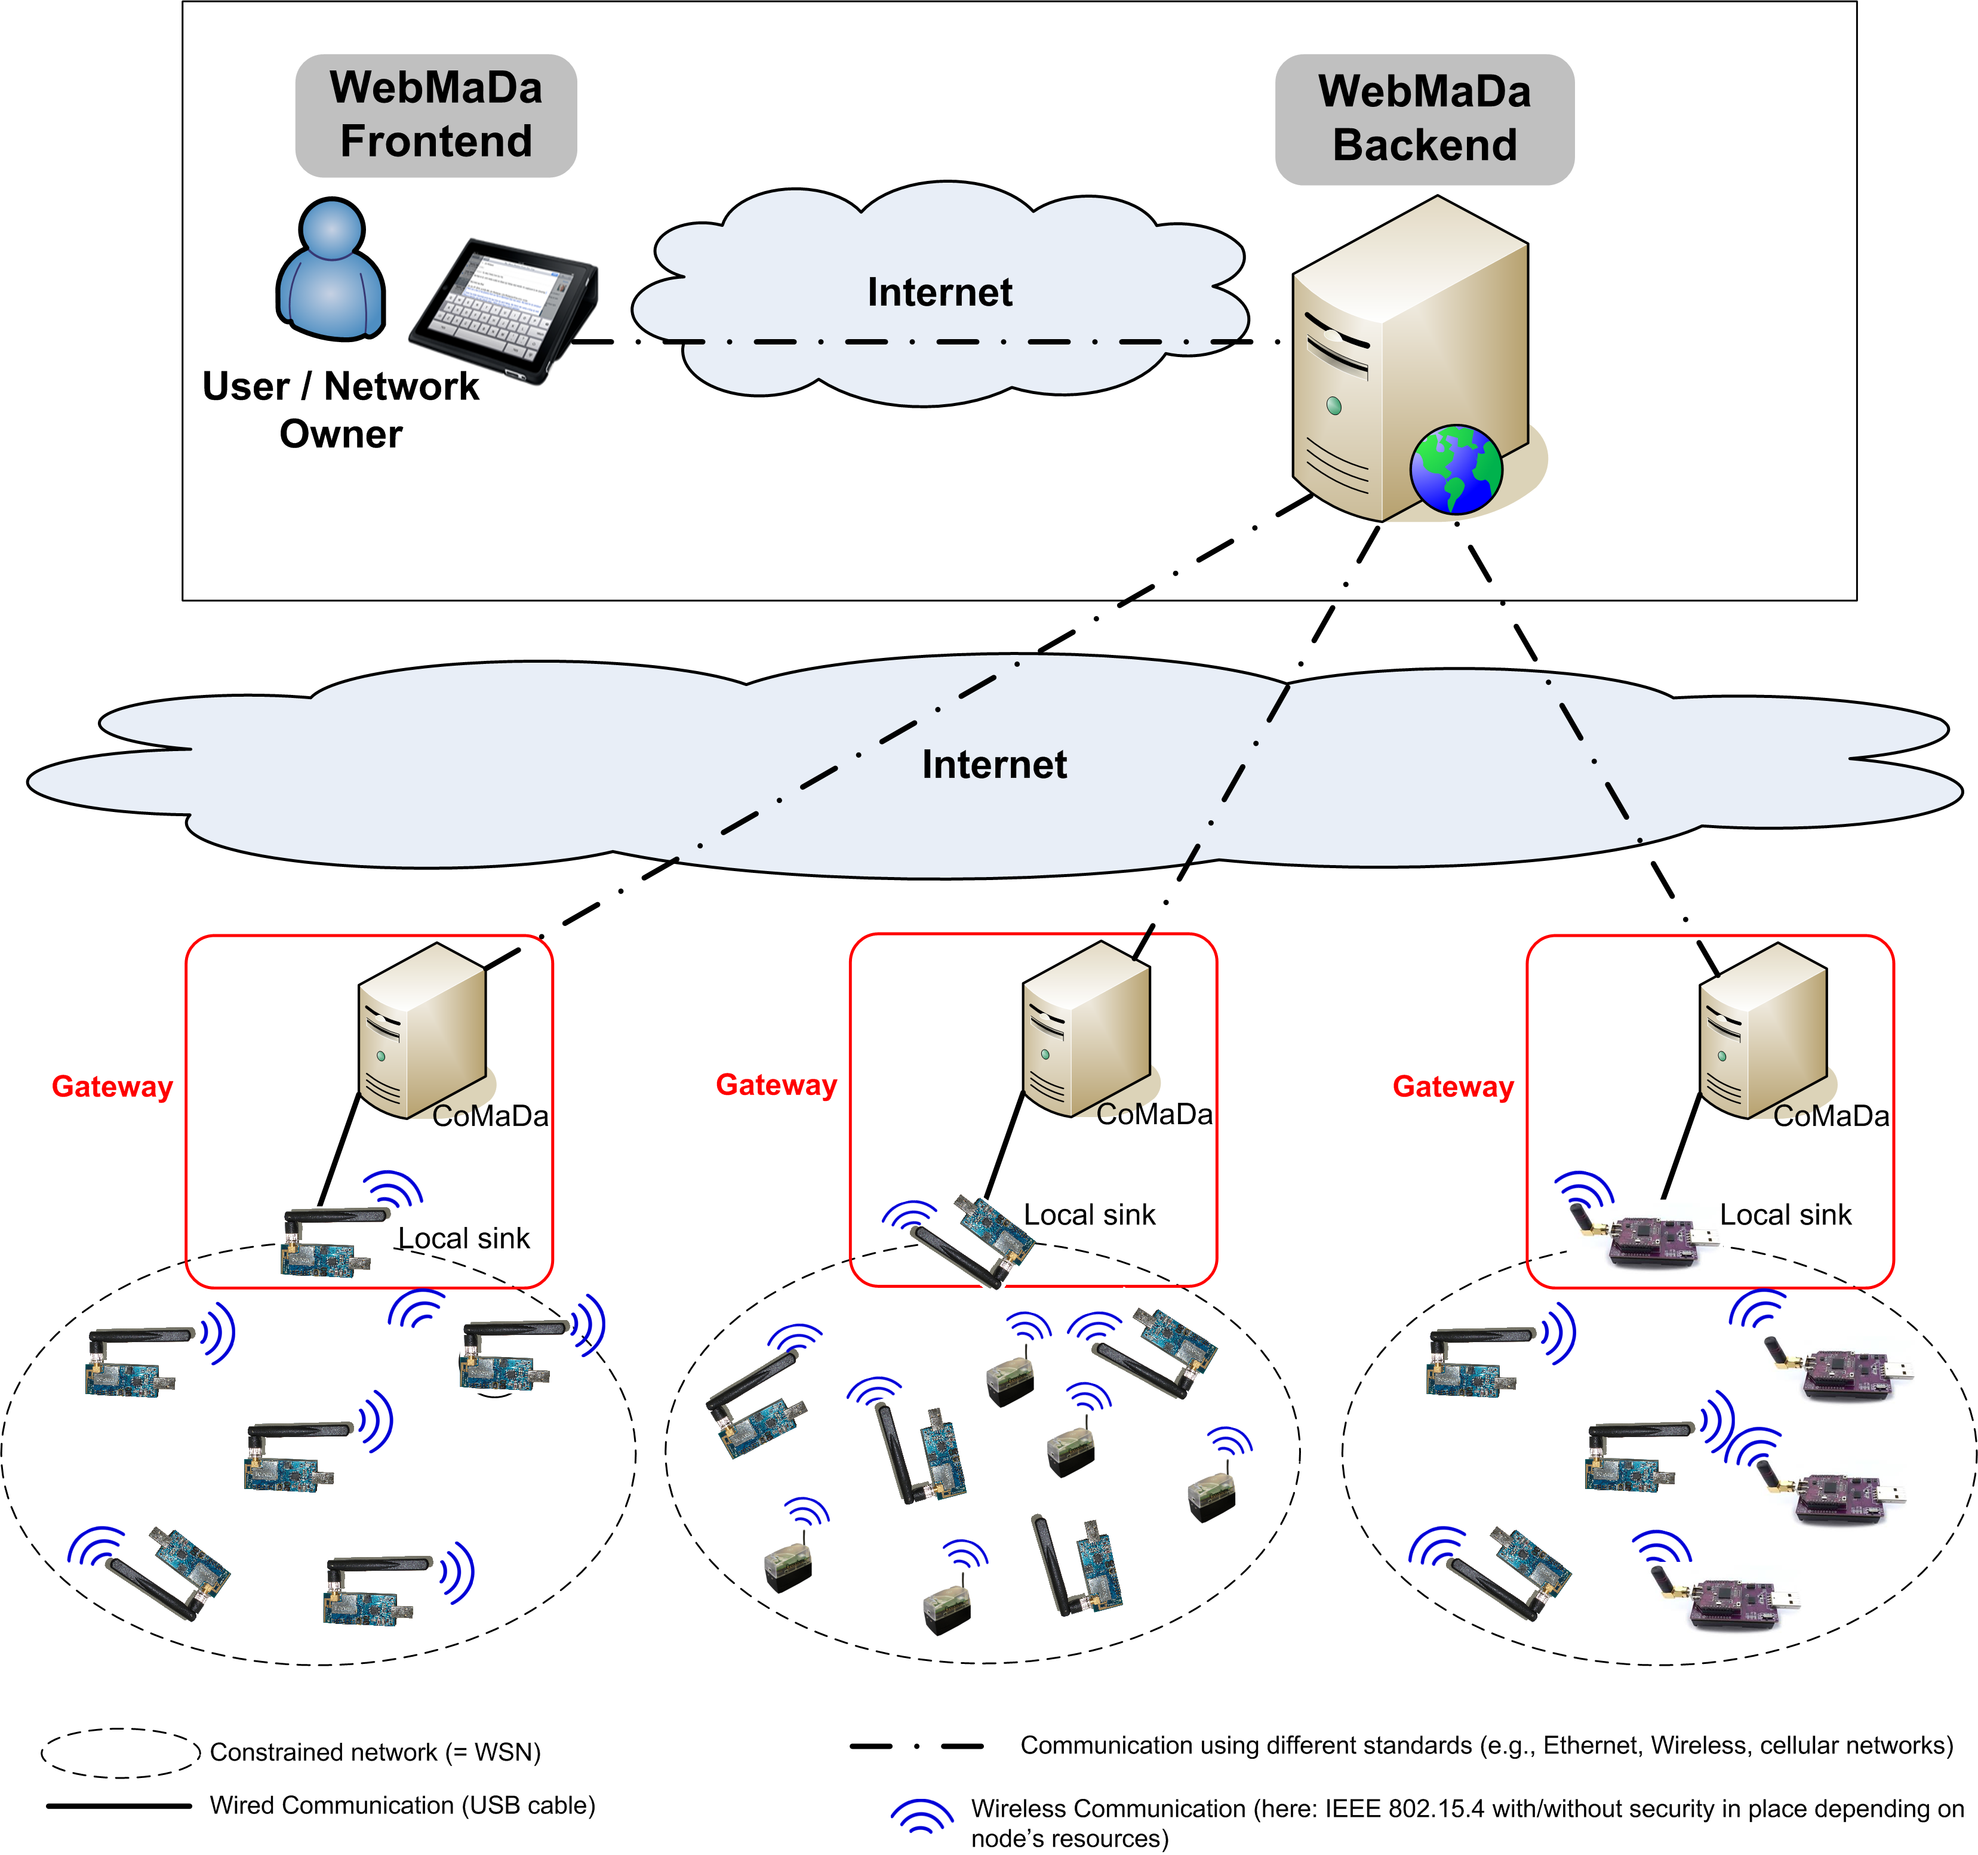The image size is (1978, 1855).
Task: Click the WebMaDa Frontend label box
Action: [436, 115]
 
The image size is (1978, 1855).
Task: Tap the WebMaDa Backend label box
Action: [1424, 119]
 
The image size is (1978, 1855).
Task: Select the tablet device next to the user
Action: [503, 309]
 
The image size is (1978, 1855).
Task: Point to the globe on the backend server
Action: [1454, 470]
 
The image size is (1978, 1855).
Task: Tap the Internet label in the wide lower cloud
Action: [994, 764]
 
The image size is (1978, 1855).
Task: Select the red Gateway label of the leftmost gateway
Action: [112, 1087]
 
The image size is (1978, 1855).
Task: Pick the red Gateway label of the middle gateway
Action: [776, 1085]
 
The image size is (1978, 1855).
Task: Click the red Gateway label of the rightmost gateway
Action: [1453, 1087]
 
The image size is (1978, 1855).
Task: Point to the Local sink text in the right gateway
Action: [1785, 1215]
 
